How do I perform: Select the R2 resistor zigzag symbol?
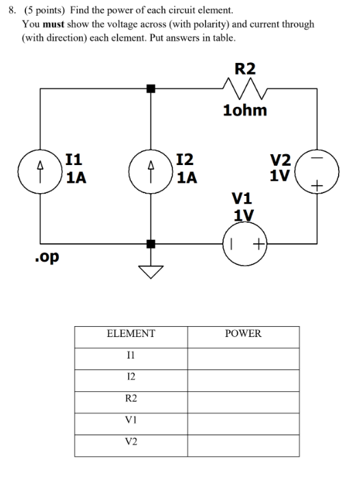point(245,88)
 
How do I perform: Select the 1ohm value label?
point(245,110)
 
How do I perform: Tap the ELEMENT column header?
point(131,334)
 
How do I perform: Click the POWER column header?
point(243,334)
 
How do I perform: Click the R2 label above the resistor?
point(245,68)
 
